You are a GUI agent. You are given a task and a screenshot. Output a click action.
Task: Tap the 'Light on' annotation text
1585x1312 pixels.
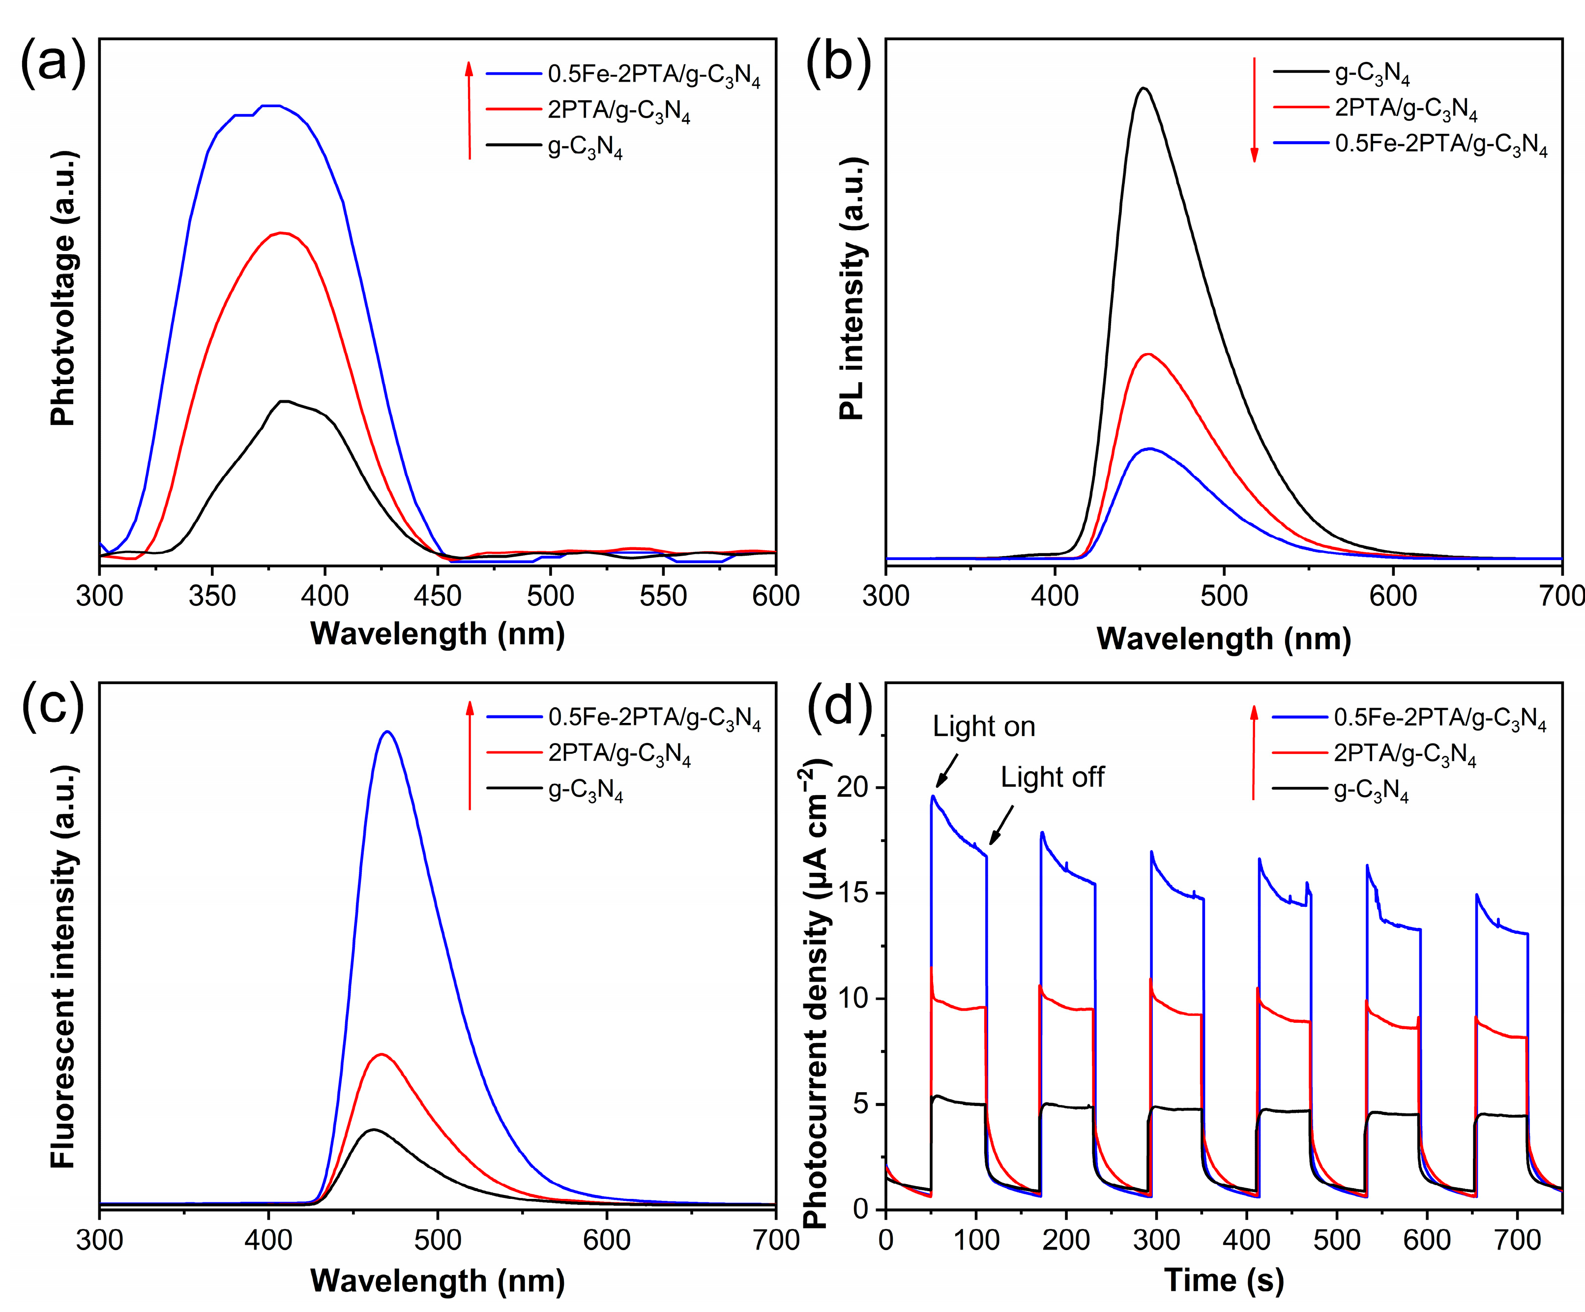[x=983, y=726]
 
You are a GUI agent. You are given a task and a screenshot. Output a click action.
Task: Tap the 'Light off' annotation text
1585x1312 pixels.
[x=1052, y=777]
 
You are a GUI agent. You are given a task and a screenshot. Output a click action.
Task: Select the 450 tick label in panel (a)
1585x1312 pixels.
[x=438, y=596]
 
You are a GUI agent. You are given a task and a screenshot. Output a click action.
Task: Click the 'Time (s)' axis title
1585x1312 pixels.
[x=1224, y=1281]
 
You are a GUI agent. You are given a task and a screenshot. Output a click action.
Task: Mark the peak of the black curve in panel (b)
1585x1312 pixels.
[x=1144, y=89]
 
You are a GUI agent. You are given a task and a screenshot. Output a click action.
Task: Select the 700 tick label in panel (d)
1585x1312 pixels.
[x=1518, y=1240]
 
